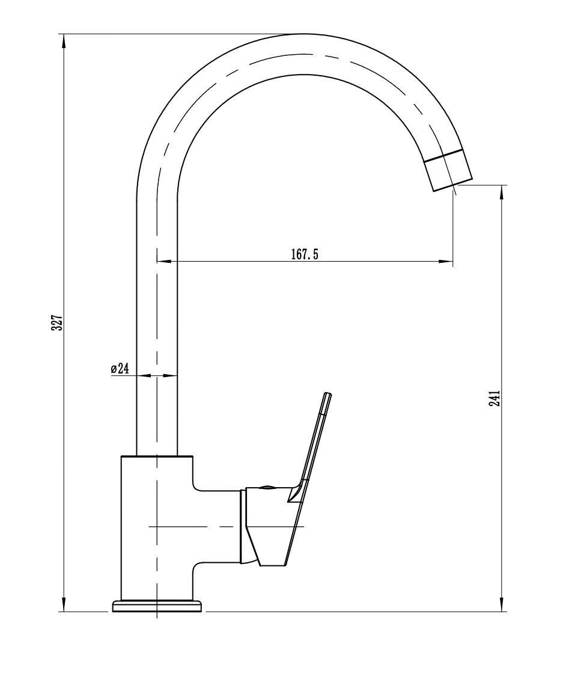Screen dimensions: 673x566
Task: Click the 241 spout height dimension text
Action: coord(494,398)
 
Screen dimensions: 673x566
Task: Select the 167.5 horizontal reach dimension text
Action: coord(304,254)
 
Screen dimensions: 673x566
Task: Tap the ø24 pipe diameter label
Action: coord(120,369)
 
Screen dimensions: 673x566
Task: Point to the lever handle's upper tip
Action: coord(328,395)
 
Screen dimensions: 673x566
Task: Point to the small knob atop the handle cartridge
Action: coord(266,487)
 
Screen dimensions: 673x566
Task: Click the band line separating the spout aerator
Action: coord(445,156)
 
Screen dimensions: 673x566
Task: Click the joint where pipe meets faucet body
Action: coord(157,456)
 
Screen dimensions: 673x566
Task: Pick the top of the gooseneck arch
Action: coord(300,34)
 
